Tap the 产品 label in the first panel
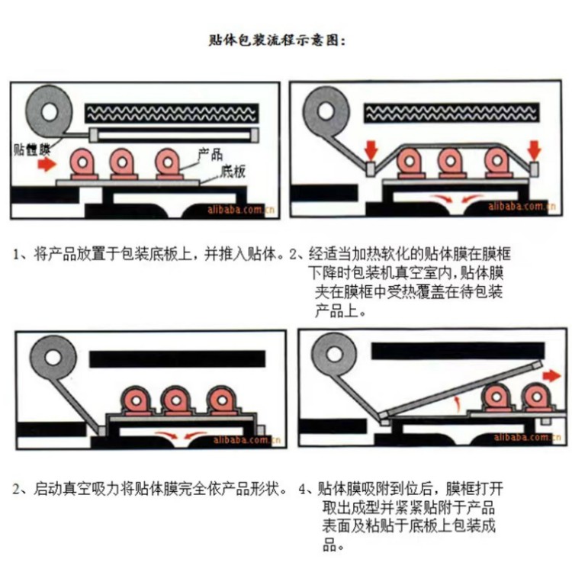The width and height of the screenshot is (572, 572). (x=210, y=155)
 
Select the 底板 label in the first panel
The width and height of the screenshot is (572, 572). (x=233, y=172)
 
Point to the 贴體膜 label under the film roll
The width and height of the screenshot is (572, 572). (x=32, y=149)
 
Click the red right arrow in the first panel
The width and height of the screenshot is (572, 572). (x=47, y=164)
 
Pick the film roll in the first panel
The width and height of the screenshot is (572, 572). (x=50, y=111)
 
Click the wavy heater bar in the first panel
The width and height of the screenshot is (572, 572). (x=172, y=113)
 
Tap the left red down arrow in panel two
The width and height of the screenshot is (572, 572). (x=371, y=150)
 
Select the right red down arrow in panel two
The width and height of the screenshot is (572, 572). (x=535, y=150)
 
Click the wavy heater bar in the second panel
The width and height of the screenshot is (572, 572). (x=451, y=111)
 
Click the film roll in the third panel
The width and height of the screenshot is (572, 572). (x=53, y=358)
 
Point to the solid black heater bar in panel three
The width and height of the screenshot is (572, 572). (x=177, y=359)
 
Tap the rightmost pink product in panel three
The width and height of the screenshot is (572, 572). (x=222, y=401)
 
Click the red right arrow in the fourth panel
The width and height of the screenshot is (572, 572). (x=551, y=375)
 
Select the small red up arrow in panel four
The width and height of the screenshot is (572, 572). (x=457, y=403)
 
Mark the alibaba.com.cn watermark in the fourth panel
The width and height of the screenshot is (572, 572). (x=527, y=437)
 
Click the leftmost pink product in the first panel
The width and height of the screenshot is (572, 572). (x=83, y=163)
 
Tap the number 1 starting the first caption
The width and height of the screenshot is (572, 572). (x=16, y=254)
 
